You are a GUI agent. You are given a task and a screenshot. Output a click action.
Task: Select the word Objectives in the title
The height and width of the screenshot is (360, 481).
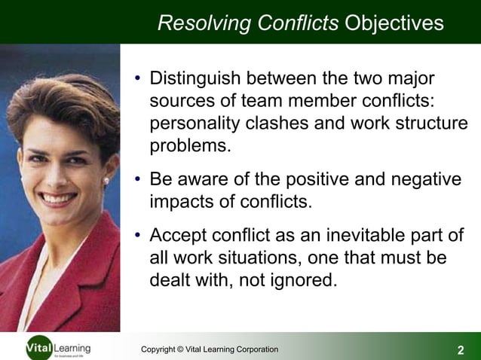click(x=394, y=23)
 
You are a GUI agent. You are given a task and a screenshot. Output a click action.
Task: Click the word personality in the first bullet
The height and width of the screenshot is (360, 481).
click(x=195, y=124)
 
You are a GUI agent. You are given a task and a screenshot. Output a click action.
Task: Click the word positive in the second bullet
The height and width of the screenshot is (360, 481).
click(x=305, y=180)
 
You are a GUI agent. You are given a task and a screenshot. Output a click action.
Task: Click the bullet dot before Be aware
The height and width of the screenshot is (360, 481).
click(x=138, y=181)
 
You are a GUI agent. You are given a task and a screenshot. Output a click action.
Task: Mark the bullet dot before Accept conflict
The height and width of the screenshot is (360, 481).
click(x=138, y=236)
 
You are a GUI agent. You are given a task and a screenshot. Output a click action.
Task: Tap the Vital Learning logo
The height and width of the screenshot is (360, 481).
click(x=57, y=349)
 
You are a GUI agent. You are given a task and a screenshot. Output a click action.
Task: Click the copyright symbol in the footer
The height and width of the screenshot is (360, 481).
click(x=181, y=349)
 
